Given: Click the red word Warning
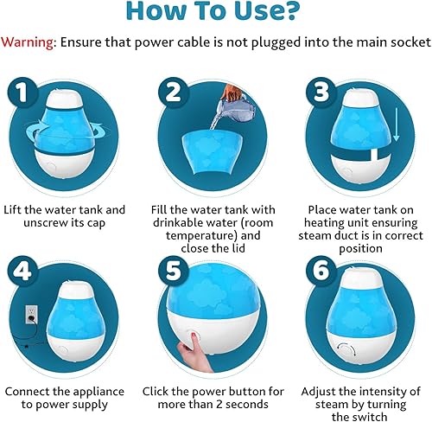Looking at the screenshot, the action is [x=27, y=42].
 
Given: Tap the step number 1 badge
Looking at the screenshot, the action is [x=22, y=92].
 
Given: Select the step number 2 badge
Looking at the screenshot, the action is [x=174, y=92].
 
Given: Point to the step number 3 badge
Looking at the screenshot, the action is [x=321, y=92].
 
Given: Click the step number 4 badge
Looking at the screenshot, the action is [x=22, y=271].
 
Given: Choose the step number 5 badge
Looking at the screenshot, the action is [x=174, y=271].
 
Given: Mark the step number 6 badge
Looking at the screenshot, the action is [x=321, y=271].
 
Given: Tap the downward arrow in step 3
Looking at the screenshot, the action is [x=397, y=125].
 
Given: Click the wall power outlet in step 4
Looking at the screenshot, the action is [x=31, y=315].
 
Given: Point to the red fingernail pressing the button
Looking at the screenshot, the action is [x=194, y=335].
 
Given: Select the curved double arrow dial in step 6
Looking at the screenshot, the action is [x=346, y=348].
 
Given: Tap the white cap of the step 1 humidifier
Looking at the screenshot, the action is [x=63, y=99].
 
